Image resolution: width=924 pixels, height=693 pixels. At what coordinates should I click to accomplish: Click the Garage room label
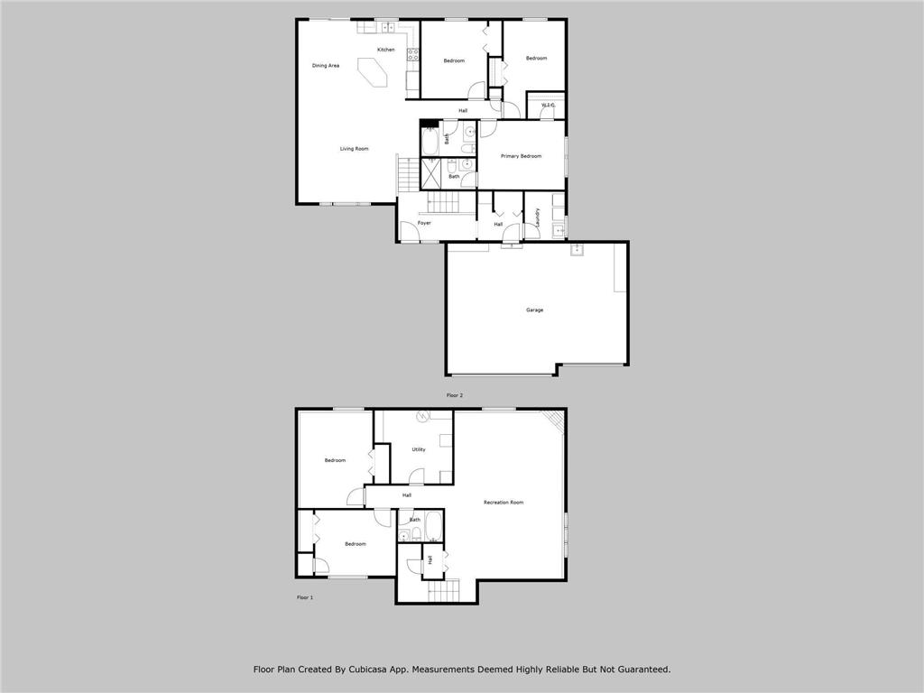(x=534, y=310)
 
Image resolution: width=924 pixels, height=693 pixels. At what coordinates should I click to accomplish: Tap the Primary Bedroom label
(x=521, y=156)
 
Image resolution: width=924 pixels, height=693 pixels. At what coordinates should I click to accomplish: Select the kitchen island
(x=373, y=72)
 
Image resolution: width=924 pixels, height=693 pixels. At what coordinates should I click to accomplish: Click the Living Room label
(x=354, y=149)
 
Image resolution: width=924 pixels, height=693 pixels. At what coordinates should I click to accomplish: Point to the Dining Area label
(x=325, y=65)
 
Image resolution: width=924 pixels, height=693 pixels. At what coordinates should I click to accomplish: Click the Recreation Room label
(x=504, y=503)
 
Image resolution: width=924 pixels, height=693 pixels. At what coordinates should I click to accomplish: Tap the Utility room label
(x=419, y=449)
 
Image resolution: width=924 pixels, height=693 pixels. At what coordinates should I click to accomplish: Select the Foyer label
(x=424, y=224)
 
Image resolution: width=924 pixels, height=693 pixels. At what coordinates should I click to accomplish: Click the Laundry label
(x=538, y=217)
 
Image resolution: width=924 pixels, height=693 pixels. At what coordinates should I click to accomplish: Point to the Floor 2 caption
(x=455, y=395)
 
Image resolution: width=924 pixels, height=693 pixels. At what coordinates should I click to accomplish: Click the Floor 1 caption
(x=305, y=597)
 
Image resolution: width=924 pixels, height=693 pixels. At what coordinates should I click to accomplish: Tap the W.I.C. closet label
(x=549, y=106)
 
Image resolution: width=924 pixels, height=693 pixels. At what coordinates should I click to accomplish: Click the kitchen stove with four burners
(x=412, y=55)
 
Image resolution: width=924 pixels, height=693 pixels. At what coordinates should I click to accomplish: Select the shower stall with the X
(x=432, y=174)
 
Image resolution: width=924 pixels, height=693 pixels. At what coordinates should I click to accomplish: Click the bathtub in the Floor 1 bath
(x=434, y=526)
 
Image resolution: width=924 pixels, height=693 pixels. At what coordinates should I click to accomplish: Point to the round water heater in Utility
(x=422, y=417)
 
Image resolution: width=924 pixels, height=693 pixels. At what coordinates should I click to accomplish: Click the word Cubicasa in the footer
(x=365, y=670)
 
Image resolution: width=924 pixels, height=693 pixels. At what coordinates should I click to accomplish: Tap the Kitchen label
(x=386, y=50)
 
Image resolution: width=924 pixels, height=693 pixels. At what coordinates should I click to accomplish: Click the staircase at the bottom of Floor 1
(x=443, y=590)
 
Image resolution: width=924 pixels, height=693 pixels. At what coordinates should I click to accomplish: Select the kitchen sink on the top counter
(x=387, y=27)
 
